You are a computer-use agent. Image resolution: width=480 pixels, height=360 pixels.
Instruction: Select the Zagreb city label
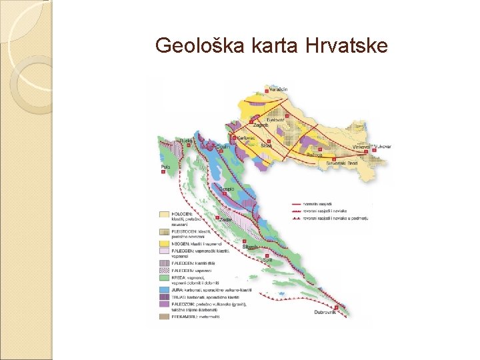260,125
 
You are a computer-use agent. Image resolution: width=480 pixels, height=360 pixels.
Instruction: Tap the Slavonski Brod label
342,163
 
